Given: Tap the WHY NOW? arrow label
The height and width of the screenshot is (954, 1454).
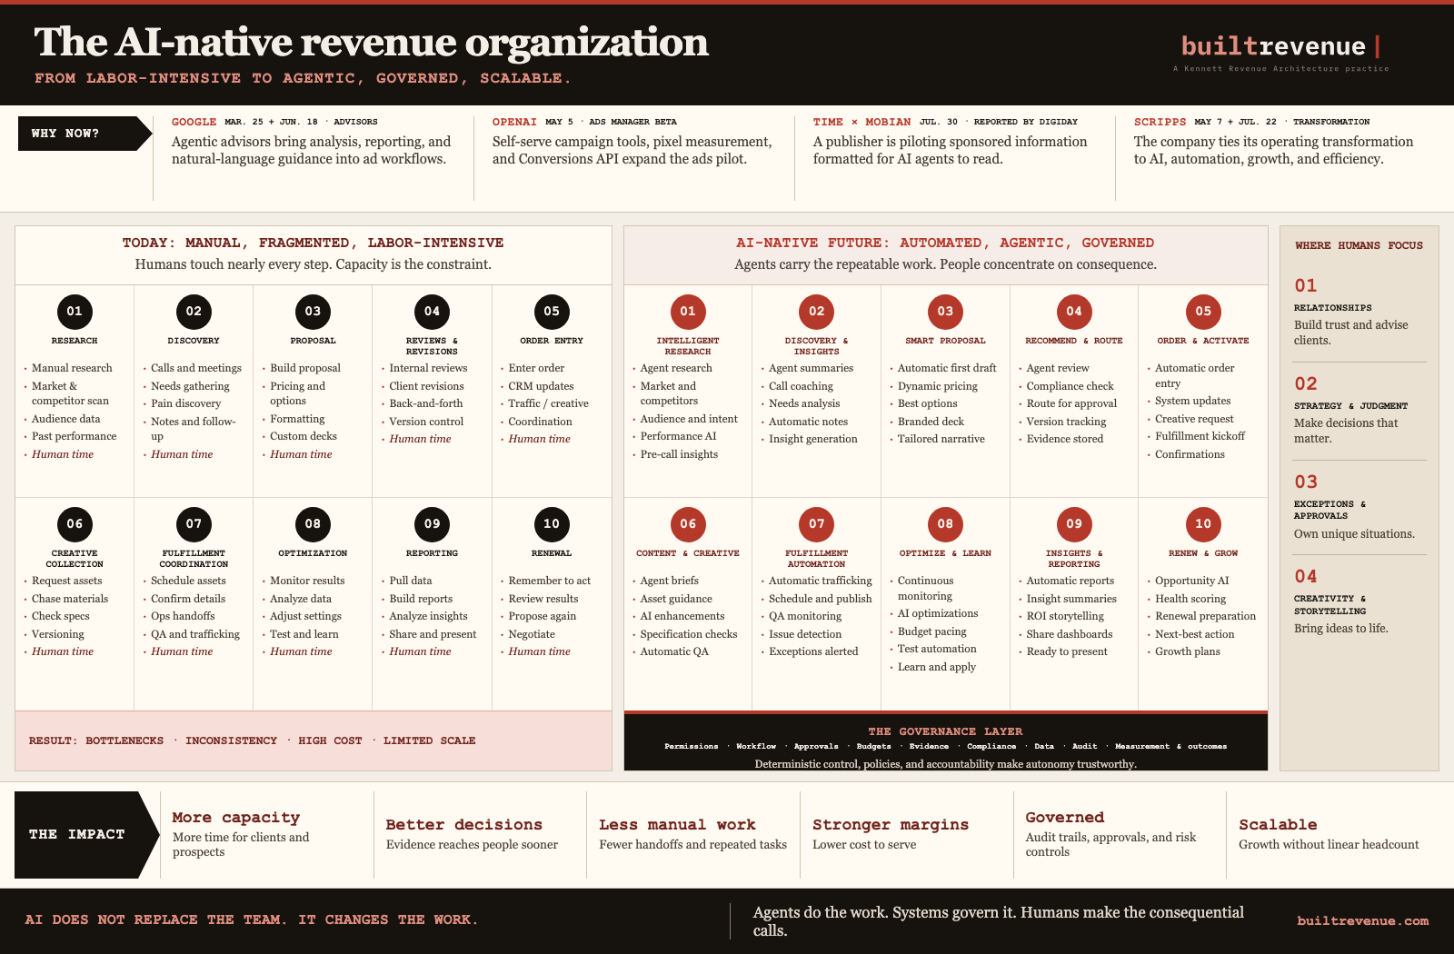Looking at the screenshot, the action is coord(85,134).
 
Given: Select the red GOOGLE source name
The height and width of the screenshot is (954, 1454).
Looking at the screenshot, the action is coord(194,122).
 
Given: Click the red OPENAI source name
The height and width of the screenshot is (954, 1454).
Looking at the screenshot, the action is coord(514,122).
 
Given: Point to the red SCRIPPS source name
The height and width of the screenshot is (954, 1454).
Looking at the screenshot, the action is coord(1160,122).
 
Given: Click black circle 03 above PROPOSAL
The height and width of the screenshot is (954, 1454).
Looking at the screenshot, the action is coord(313,312).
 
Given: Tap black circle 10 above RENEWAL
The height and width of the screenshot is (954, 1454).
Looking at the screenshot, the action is coord(552,524).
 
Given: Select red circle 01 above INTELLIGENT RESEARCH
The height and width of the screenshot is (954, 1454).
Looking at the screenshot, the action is coord(688,312).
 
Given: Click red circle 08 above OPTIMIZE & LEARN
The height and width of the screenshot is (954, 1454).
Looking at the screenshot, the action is coord(945,524).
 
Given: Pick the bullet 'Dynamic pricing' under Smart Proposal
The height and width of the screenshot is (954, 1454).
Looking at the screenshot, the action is coord(937,386).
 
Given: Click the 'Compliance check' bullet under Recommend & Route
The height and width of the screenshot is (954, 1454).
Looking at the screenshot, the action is coord(1070,386).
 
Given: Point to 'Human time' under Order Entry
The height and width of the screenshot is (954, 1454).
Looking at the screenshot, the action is coord(540,439).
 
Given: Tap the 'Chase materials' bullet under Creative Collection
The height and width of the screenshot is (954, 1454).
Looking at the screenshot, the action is coord(70,599).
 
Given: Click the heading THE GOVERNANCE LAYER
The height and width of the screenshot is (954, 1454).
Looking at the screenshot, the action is coord(945,731).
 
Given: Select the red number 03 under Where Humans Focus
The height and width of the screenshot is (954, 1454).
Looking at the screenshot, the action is coord(1306,482).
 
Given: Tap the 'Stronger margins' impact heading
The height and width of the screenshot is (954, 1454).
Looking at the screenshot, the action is coord(891,824).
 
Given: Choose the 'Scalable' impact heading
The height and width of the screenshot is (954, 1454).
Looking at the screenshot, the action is coord(1278,824).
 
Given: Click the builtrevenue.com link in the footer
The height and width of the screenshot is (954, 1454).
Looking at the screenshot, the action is coord(1362,920).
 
